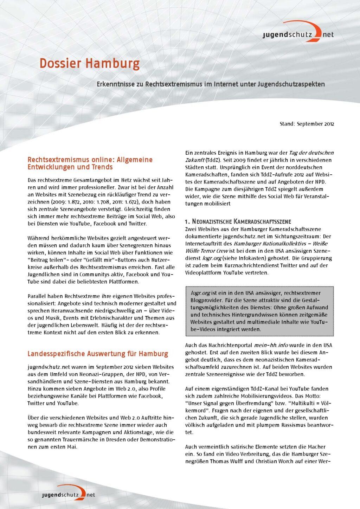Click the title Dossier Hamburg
89,64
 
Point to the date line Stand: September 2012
307,124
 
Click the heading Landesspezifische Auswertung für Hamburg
98,354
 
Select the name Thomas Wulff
227,462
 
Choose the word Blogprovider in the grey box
206,300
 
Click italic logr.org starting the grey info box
200,293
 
